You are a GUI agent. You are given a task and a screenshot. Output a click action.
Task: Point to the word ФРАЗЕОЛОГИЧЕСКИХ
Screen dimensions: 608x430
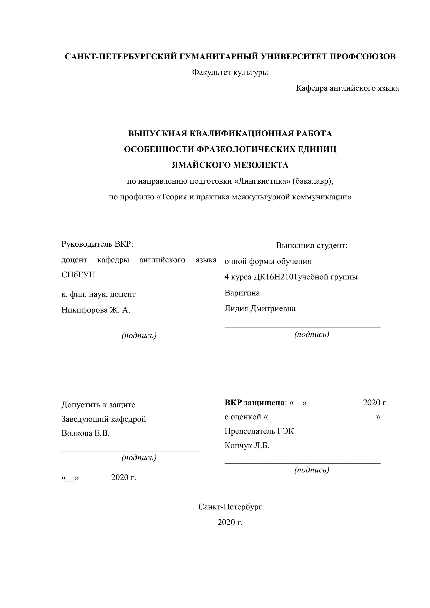[x=245, y=149]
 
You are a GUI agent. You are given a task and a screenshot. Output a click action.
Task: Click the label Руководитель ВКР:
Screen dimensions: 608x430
[x=97, y=244]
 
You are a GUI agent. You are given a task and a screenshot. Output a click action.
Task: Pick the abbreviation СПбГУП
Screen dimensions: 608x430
[x=78, y=275]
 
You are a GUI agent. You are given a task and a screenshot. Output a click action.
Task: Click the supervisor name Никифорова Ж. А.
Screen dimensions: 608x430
[x=96, y=310]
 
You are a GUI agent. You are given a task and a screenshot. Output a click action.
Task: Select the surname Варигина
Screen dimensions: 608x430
[x=242, y=293]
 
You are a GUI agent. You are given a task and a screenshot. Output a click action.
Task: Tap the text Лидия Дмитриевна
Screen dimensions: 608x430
[x=260, y=309]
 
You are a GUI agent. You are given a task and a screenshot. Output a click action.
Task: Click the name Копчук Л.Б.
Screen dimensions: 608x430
[x=247, y=446]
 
